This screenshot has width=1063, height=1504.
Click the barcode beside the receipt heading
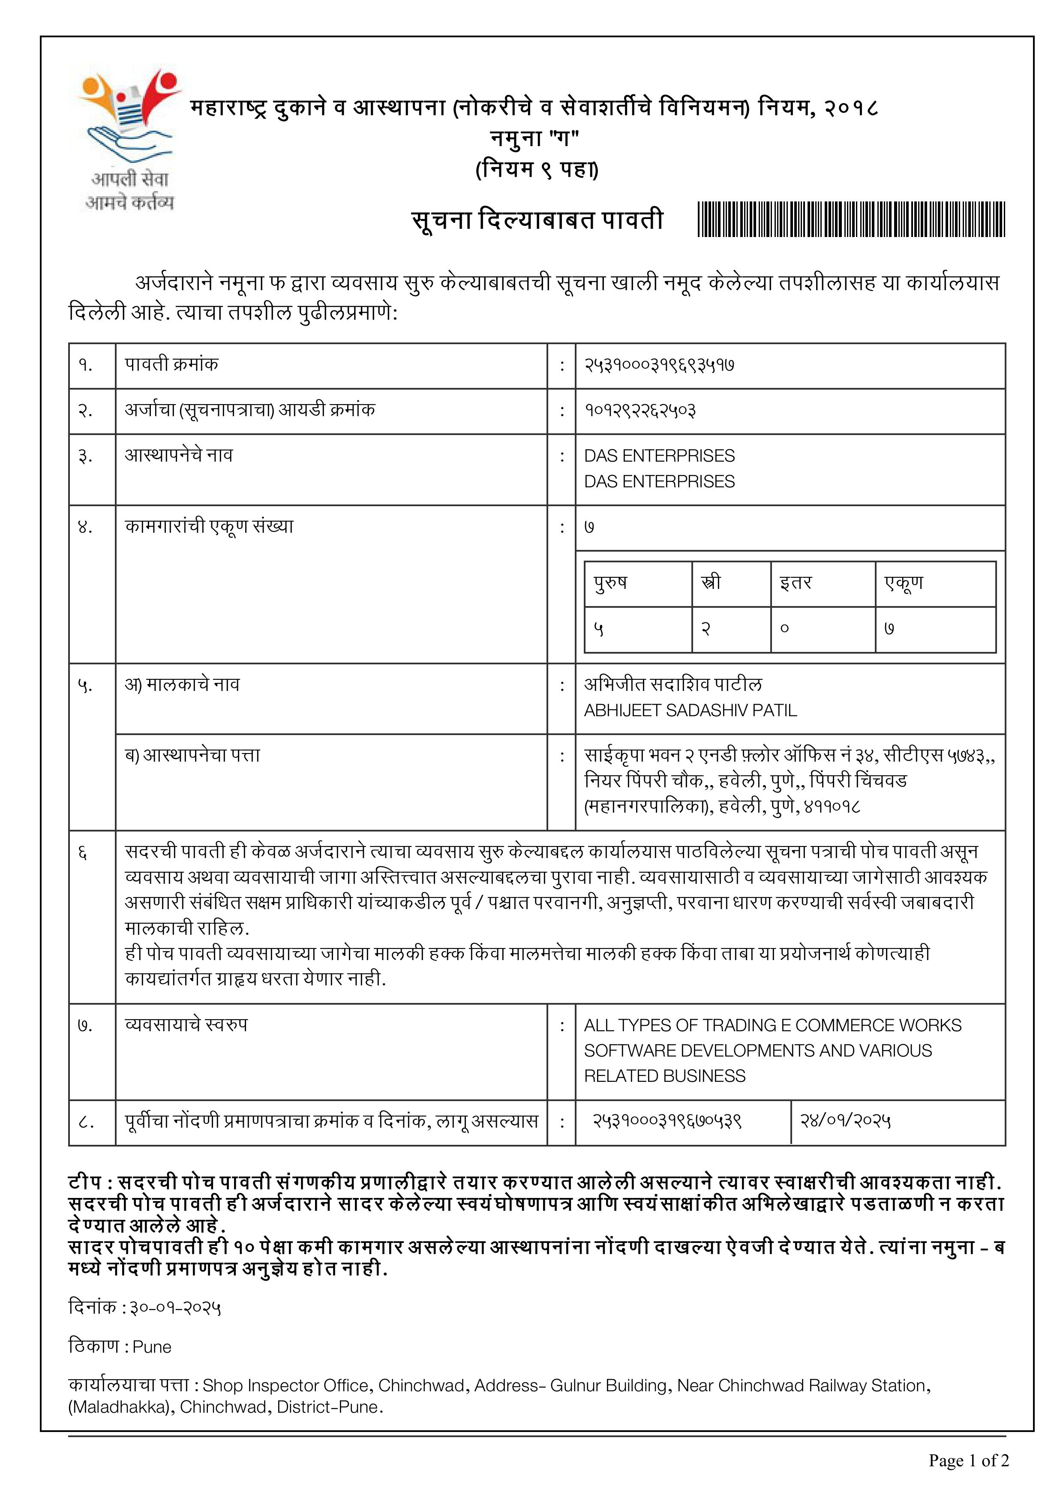[851, 219]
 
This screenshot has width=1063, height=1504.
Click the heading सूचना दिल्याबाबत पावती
[537, 220]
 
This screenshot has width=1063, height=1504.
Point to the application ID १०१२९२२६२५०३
[640, 411]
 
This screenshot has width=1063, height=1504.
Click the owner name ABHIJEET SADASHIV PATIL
[691, 711]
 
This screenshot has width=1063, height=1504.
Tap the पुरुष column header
[610, 582]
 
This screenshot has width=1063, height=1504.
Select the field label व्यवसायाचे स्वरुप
[186, 1025]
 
